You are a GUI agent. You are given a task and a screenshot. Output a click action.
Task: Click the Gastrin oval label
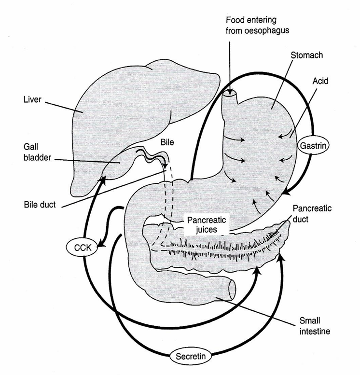(311, 144)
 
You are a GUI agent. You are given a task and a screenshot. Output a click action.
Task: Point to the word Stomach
(307, 55)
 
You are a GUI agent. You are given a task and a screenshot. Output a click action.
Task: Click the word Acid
(319, 81)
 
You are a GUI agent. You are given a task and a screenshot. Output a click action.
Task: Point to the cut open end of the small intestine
(232, 290)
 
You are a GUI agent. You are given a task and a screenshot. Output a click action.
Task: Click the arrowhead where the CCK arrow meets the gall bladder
(103, 179)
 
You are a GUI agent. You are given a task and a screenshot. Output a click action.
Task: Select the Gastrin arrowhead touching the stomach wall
(285, 192)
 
